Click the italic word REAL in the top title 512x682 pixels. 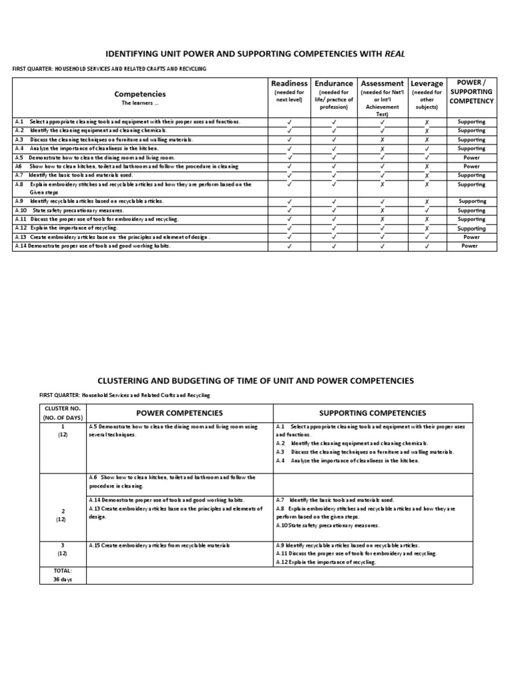pos(394,53)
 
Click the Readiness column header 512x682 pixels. pos(289,83)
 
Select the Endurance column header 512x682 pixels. pos(334,83)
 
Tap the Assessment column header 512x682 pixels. pos(382,83)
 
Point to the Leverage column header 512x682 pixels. pos(427,83)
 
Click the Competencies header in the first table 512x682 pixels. pos(140,95)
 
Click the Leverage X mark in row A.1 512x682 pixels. pos(427,122)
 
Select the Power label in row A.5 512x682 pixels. pos(471,157)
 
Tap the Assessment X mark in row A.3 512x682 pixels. pos(382,140)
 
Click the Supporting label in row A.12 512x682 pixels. pos(471,228)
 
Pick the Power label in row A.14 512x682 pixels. pos(471,246)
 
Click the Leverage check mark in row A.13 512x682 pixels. pos(427,236)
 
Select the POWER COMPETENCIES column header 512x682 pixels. pos(179,413)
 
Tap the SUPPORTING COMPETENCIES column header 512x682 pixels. pos(372,413)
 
